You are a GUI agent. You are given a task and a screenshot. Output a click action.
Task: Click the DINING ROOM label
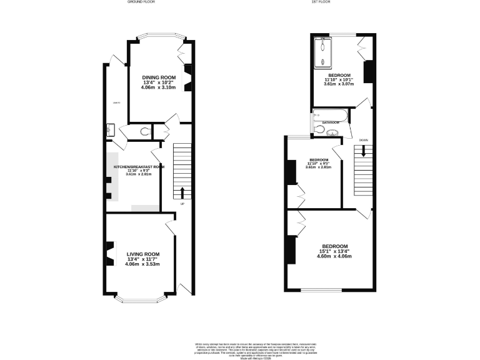[158, 77]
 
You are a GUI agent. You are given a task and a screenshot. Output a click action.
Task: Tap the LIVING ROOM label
[143, 254]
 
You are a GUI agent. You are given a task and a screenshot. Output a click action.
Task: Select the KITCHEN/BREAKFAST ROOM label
[139, 167]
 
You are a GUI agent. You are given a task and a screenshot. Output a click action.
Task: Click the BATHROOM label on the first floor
[330, 122]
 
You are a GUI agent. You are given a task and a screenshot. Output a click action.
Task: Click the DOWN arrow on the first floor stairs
[363, 151]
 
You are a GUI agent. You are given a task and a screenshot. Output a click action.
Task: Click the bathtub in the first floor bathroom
[327, 115]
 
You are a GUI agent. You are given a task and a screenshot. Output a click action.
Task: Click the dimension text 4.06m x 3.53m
[143, 264]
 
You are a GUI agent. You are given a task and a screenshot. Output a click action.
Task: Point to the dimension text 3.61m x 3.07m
[339, 84]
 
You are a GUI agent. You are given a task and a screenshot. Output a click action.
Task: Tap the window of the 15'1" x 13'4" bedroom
[321, 290]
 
